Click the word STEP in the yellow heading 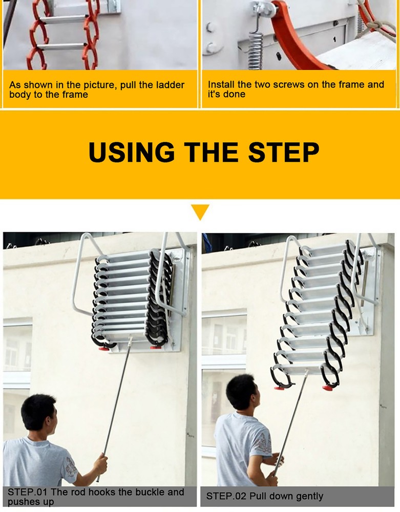pyautogui.click(x=284, y=152)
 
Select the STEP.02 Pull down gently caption pyautogui.click(x=265, y=496)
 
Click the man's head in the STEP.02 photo pyautogui.click(x=241, y=392)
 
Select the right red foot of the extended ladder pyautogui.click(x=327, y=387)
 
